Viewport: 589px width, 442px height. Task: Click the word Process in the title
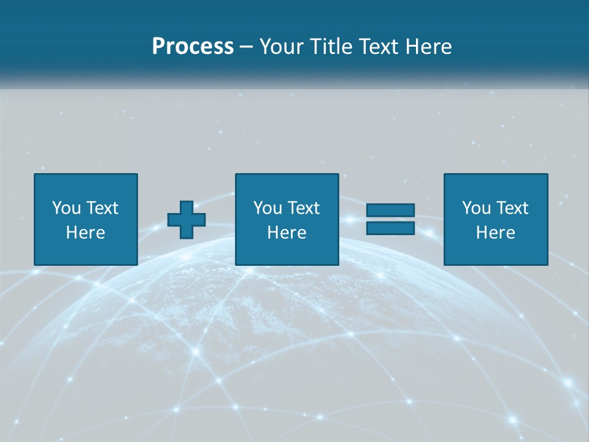[193, 47]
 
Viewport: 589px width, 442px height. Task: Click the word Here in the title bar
[429, 47]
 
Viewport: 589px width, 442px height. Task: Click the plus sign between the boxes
[187, 220]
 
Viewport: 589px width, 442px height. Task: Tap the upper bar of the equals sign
[390, 211]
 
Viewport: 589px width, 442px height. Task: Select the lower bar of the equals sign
[390, 228]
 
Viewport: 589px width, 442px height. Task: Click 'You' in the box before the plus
[66, 208]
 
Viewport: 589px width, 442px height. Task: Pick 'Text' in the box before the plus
[101, 208]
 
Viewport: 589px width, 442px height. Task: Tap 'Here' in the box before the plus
[86, 233]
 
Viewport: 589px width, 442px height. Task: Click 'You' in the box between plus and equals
[268, 208]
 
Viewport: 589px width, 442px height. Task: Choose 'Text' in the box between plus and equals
[302, 208]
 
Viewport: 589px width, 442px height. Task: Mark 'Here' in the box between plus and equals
[287, 233]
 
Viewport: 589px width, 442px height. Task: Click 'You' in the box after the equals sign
[476, 208]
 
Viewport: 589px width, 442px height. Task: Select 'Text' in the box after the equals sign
[511, 208]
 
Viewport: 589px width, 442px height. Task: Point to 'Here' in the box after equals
[496, 233]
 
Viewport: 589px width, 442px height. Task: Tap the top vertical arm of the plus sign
[187, 206]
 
